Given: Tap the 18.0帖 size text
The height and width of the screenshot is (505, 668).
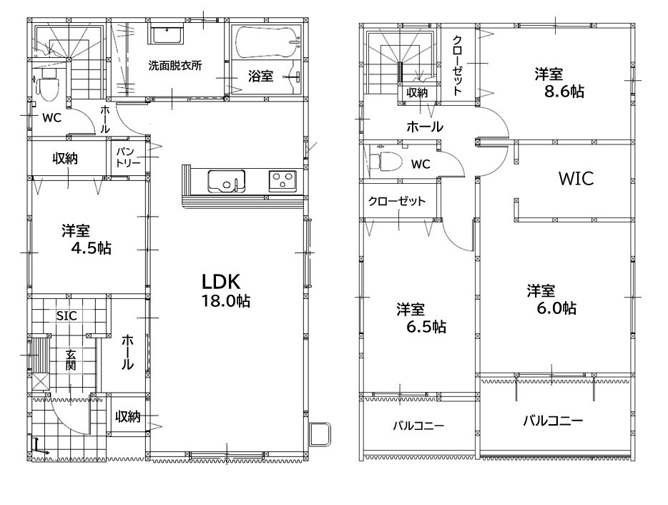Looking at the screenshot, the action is pos(226,301).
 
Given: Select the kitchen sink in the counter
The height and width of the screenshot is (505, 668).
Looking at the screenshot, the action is pos(226,181).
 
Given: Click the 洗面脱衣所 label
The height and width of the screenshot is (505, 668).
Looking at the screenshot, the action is pos(175,66).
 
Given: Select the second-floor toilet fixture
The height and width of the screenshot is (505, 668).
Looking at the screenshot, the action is pos(385,162).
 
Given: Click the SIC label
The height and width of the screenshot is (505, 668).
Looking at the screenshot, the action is pos(67,315).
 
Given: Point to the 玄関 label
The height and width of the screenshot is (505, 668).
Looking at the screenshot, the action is pos(71,360).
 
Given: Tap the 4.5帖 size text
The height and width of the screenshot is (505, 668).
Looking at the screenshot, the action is pos(91,248).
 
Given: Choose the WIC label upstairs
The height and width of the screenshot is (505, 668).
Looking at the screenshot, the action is pos(576,179).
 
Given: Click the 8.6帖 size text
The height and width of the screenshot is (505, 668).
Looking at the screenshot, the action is pos(564,91).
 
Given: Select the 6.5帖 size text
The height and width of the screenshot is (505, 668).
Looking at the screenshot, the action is pos(426,327).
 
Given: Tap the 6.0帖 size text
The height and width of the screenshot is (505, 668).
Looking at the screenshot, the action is pos(556,308).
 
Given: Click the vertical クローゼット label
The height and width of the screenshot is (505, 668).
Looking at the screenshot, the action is pos(458,66).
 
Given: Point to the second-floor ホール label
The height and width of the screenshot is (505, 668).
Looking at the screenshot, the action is pos(425,127).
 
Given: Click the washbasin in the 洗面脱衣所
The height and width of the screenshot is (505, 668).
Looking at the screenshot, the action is pos(168,35).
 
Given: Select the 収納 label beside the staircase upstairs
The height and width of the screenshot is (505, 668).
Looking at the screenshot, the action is pos(417,92).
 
